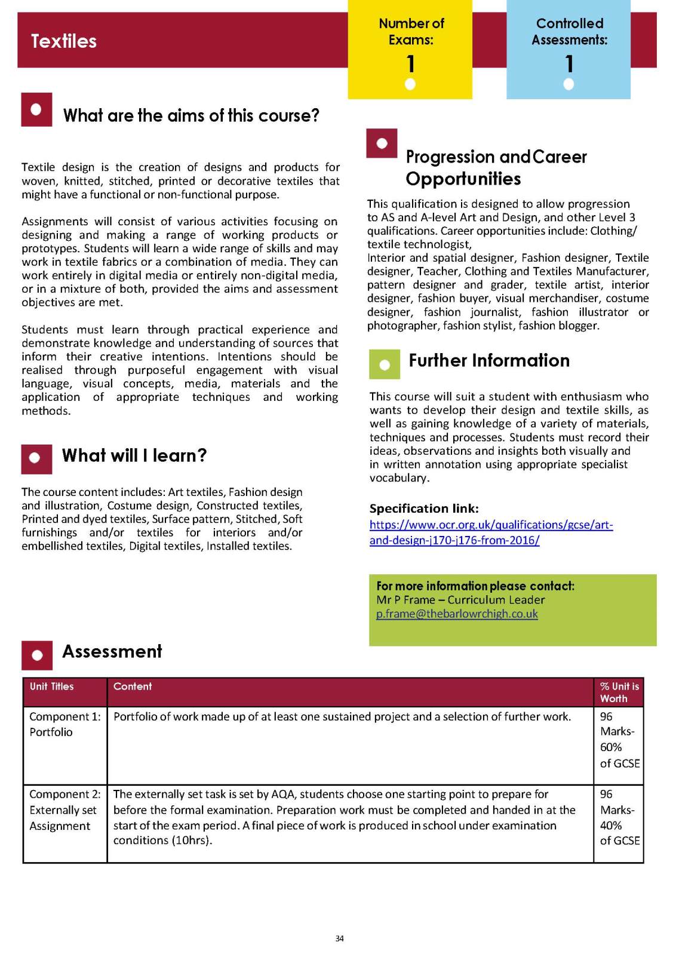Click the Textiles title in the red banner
(x=64, y=41)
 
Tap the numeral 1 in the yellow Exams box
(x=410, y=63)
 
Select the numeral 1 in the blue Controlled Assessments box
(x=569, y=63)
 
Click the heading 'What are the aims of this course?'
(x=191, y=115)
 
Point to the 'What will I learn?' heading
(x=134, y=456)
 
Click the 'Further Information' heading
(x=489, y=361)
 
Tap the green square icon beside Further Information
(x=385, y=364)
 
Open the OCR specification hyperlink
(x=491, y=532)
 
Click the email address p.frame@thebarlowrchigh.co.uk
(x=457, y=614)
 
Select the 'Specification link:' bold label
(x=424, y=508)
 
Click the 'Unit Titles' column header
(x=52, y=687)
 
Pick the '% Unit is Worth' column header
(x=619, y=693)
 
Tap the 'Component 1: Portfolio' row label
(x=64, y=724)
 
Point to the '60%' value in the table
(x=611, y=747)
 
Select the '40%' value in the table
(x=611, y=825)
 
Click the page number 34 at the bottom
(x=339, y=939)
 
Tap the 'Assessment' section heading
(x=112, y=651)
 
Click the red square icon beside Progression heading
(x=382, y=143)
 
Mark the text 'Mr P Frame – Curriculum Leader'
(x=460, y=600)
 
